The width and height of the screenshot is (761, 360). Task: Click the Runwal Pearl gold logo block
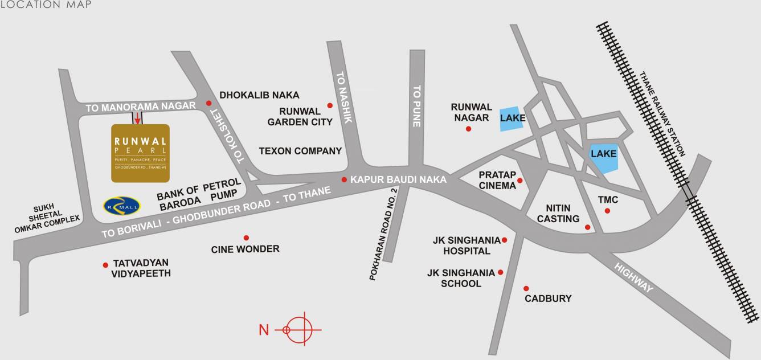tap(140, 153)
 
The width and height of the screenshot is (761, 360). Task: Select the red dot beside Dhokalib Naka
tap(208, 103)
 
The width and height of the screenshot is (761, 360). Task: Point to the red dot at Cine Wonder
tap(246, 238)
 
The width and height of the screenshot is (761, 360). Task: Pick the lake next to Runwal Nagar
tap(510, 119)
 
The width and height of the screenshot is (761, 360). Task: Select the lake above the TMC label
tap(603, 155)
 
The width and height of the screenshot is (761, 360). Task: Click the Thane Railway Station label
tap(664, 114)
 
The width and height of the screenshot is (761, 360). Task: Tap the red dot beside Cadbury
tap(526, 288)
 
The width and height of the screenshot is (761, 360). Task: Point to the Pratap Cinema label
tap(497, 180)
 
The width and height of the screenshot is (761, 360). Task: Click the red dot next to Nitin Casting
tap(588, 228)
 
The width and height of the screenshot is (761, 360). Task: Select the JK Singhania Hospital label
tap(467, 246)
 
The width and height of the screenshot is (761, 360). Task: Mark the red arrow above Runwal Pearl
tap(137, 117)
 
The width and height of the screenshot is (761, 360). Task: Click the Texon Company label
tap(300, 152)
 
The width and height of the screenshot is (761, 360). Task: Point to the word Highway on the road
tap(634, 277)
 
